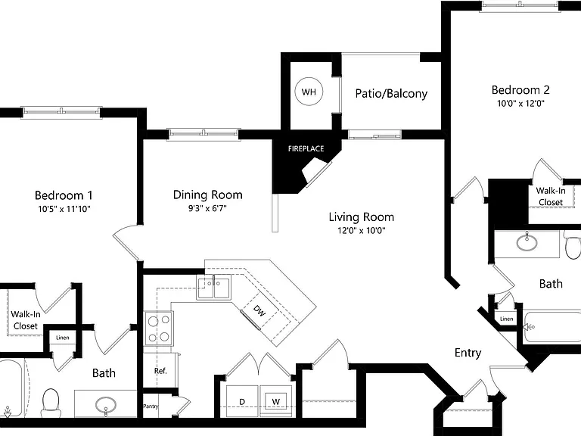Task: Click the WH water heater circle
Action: [309, 92]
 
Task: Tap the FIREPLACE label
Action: [306, 148]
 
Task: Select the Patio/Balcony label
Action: [391, 93]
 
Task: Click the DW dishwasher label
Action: [259, 311]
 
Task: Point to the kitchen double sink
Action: [213, 288]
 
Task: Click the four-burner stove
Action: [159, 328]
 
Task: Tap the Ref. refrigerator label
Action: [160, 371]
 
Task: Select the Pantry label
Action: [151, 406]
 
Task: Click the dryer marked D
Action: [242, 401]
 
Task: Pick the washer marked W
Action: [276, 401]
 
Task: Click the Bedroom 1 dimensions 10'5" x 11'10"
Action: [64, 209]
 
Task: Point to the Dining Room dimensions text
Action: [207, 208]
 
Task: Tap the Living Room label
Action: [362, 217]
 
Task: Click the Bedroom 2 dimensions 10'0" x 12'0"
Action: [520, 104]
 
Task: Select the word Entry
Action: [468, 353]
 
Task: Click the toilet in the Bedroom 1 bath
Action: [51, 403]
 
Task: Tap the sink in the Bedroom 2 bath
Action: [527, 241]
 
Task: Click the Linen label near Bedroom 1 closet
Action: [63, 338]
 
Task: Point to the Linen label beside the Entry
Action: [506, 319]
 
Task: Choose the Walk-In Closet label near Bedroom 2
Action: [551, 197]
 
